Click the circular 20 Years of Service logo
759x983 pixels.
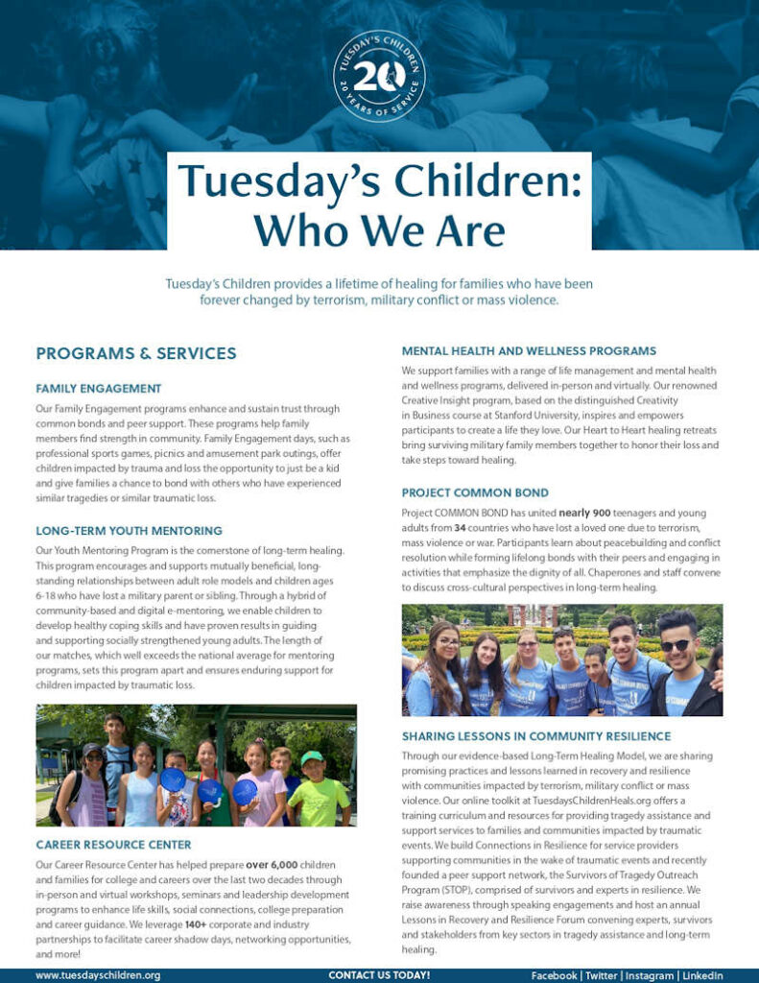379,75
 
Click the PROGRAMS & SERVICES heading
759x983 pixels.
136,354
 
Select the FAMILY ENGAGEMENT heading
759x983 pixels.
99,389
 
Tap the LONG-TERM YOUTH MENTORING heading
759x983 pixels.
130,530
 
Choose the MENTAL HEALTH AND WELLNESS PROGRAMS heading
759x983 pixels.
529,350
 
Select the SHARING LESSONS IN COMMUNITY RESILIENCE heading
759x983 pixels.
536,736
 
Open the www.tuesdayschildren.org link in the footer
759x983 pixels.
98,975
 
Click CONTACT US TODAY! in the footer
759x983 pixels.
379,975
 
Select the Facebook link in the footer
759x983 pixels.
554,975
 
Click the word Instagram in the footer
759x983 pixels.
648,975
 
